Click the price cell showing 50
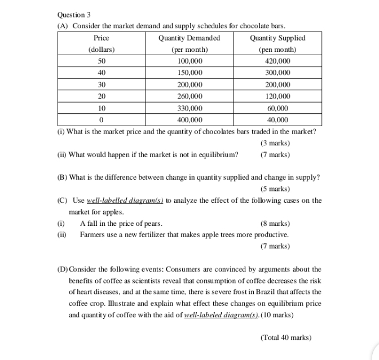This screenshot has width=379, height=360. tap(102, 61)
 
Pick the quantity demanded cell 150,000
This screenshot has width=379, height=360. tap(189, 73)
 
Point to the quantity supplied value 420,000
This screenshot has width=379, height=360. tap(277, 61)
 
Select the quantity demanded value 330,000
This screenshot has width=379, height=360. tap(189, 108)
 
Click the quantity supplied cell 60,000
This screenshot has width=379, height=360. tap(277, 108)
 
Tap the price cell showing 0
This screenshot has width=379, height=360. tap(102, 119)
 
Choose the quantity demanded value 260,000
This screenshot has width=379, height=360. tap(189, 96)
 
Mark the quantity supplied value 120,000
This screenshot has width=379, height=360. tap(277, 96)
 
